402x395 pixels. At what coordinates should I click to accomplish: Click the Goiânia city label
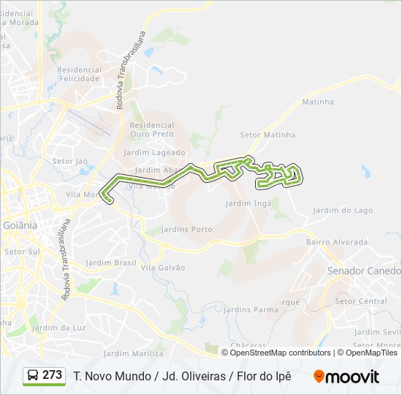coord(20,225)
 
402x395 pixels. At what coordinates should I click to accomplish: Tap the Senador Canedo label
coord(364,271)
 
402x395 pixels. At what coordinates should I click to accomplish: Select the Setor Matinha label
coord(268,135)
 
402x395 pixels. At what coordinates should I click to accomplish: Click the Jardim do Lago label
coord(342,211)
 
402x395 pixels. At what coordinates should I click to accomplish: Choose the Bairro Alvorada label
coord(337,241)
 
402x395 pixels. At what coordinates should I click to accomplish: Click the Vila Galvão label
coord(163,268)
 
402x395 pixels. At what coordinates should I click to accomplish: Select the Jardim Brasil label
coord(111,262)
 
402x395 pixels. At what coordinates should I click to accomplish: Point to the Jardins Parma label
coord(251,309)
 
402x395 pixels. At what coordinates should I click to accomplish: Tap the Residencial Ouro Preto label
coord(152,129)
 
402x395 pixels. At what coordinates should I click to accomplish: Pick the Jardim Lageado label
coord(155,152)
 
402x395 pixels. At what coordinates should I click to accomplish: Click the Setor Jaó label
coord(70,160)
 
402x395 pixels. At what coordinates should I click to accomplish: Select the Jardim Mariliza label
coord(133,353)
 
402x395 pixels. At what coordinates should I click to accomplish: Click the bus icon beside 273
coord(34,376)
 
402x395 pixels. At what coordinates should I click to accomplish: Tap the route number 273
coord(53,375)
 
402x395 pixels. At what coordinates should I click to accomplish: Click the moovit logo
coord(346,377)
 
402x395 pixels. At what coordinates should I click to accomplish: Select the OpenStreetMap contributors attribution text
coord(280,353)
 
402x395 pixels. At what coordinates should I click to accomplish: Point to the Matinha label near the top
coord(317,101)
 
